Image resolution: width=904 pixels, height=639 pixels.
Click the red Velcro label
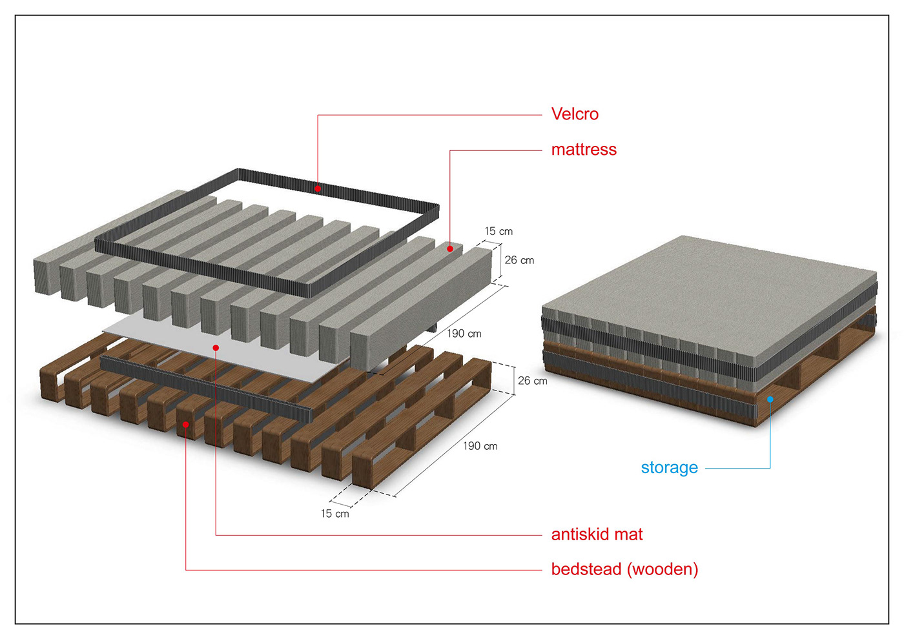click(575, 114)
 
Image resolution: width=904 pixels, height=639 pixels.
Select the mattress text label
click(584, 150)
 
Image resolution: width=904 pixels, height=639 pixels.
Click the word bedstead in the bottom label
click(586, 569)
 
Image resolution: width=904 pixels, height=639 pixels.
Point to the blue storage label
click(669, 467)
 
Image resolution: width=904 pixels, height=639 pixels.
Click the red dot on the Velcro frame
click(318, 188)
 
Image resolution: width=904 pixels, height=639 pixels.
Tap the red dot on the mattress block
click(450, 249)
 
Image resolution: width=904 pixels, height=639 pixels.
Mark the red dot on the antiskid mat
click(216, 348)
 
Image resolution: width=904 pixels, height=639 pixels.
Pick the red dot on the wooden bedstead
click(186, 424)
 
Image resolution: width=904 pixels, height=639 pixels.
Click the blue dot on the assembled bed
click(770, 400)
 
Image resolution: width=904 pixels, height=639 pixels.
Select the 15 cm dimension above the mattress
click(498, 231)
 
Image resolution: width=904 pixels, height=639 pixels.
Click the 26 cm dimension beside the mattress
click(519, 260)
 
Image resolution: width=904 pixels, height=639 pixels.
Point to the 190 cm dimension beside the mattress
click(464, 334)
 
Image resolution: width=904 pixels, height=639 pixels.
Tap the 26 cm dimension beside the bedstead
click(532, 381)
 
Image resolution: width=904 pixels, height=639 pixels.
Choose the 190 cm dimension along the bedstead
click(480, 446)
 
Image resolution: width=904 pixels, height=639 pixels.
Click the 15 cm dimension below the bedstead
click(334, 514)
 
